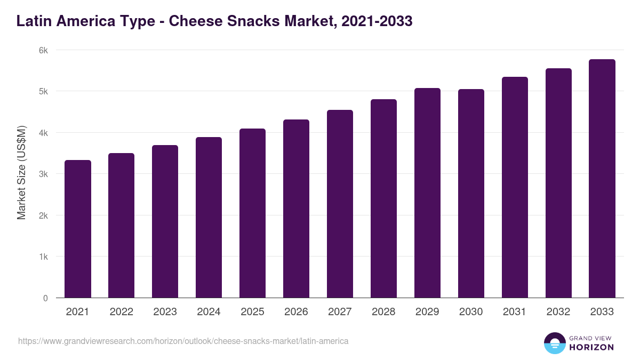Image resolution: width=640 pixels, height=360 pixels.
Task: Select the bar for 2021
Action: [78, 229]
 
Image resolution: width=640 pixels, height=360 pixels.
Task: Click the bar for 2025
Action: [252, 213]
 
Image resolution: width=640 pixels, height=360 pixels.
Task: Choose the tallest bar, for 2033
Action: [602, 179]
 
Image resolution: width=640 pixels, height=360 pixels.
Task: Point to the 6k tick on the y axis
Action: [43, 50]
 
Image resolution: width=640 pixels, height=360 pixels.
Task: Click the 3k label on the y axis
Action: [43, 174]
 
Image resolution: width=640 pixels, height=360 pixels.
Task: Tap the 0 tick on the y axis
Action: [45, 298]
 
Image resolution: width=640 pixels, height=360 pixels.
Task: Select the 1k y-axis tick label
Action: [43, 257]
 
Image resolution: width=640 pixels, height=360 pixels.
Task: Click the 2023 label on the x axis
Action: [165, 312]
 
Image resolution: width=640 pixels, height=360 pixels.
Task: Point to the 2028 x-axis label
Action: [383, 312]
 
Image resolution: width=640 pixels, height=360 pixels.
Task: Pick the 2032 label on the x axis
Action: [558, 312]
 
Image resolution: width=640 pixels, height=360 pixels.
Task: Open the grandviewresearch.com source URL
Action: [183, 341]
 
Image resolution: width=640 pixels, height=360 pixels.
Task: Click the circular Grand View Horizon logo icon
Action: [554, 343]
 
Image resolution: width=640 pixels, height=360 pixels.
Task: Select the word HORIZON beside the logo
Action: [591, 347]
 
